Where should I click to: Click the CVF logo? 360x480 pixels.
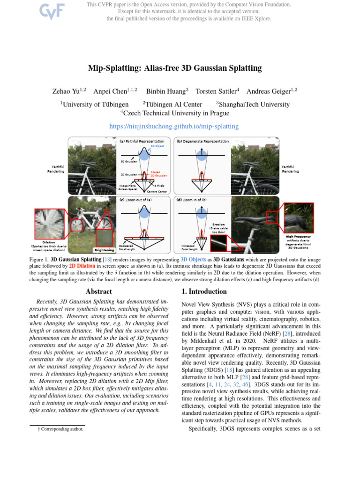click(x=52, y=12)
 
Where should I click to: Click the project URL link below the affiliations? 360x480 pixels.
click(x=173, y=126)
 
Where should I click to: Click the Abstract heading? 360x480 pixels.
click(x=99, y=291)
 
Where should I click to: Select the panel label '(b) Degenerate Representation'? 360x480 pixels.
click(x=202, y=141)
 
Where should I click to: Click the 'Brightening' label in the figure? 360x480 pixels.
click(x=104, y=250)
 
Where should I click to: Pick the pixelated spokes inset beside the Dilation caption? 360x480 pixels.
click(x=49, y=223)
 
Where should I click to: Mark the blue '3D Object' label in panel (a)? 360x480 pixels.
click(x=157, y=146)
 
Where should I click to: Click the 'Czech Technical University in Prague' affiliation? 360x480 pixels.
click(x=175, y=113)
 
